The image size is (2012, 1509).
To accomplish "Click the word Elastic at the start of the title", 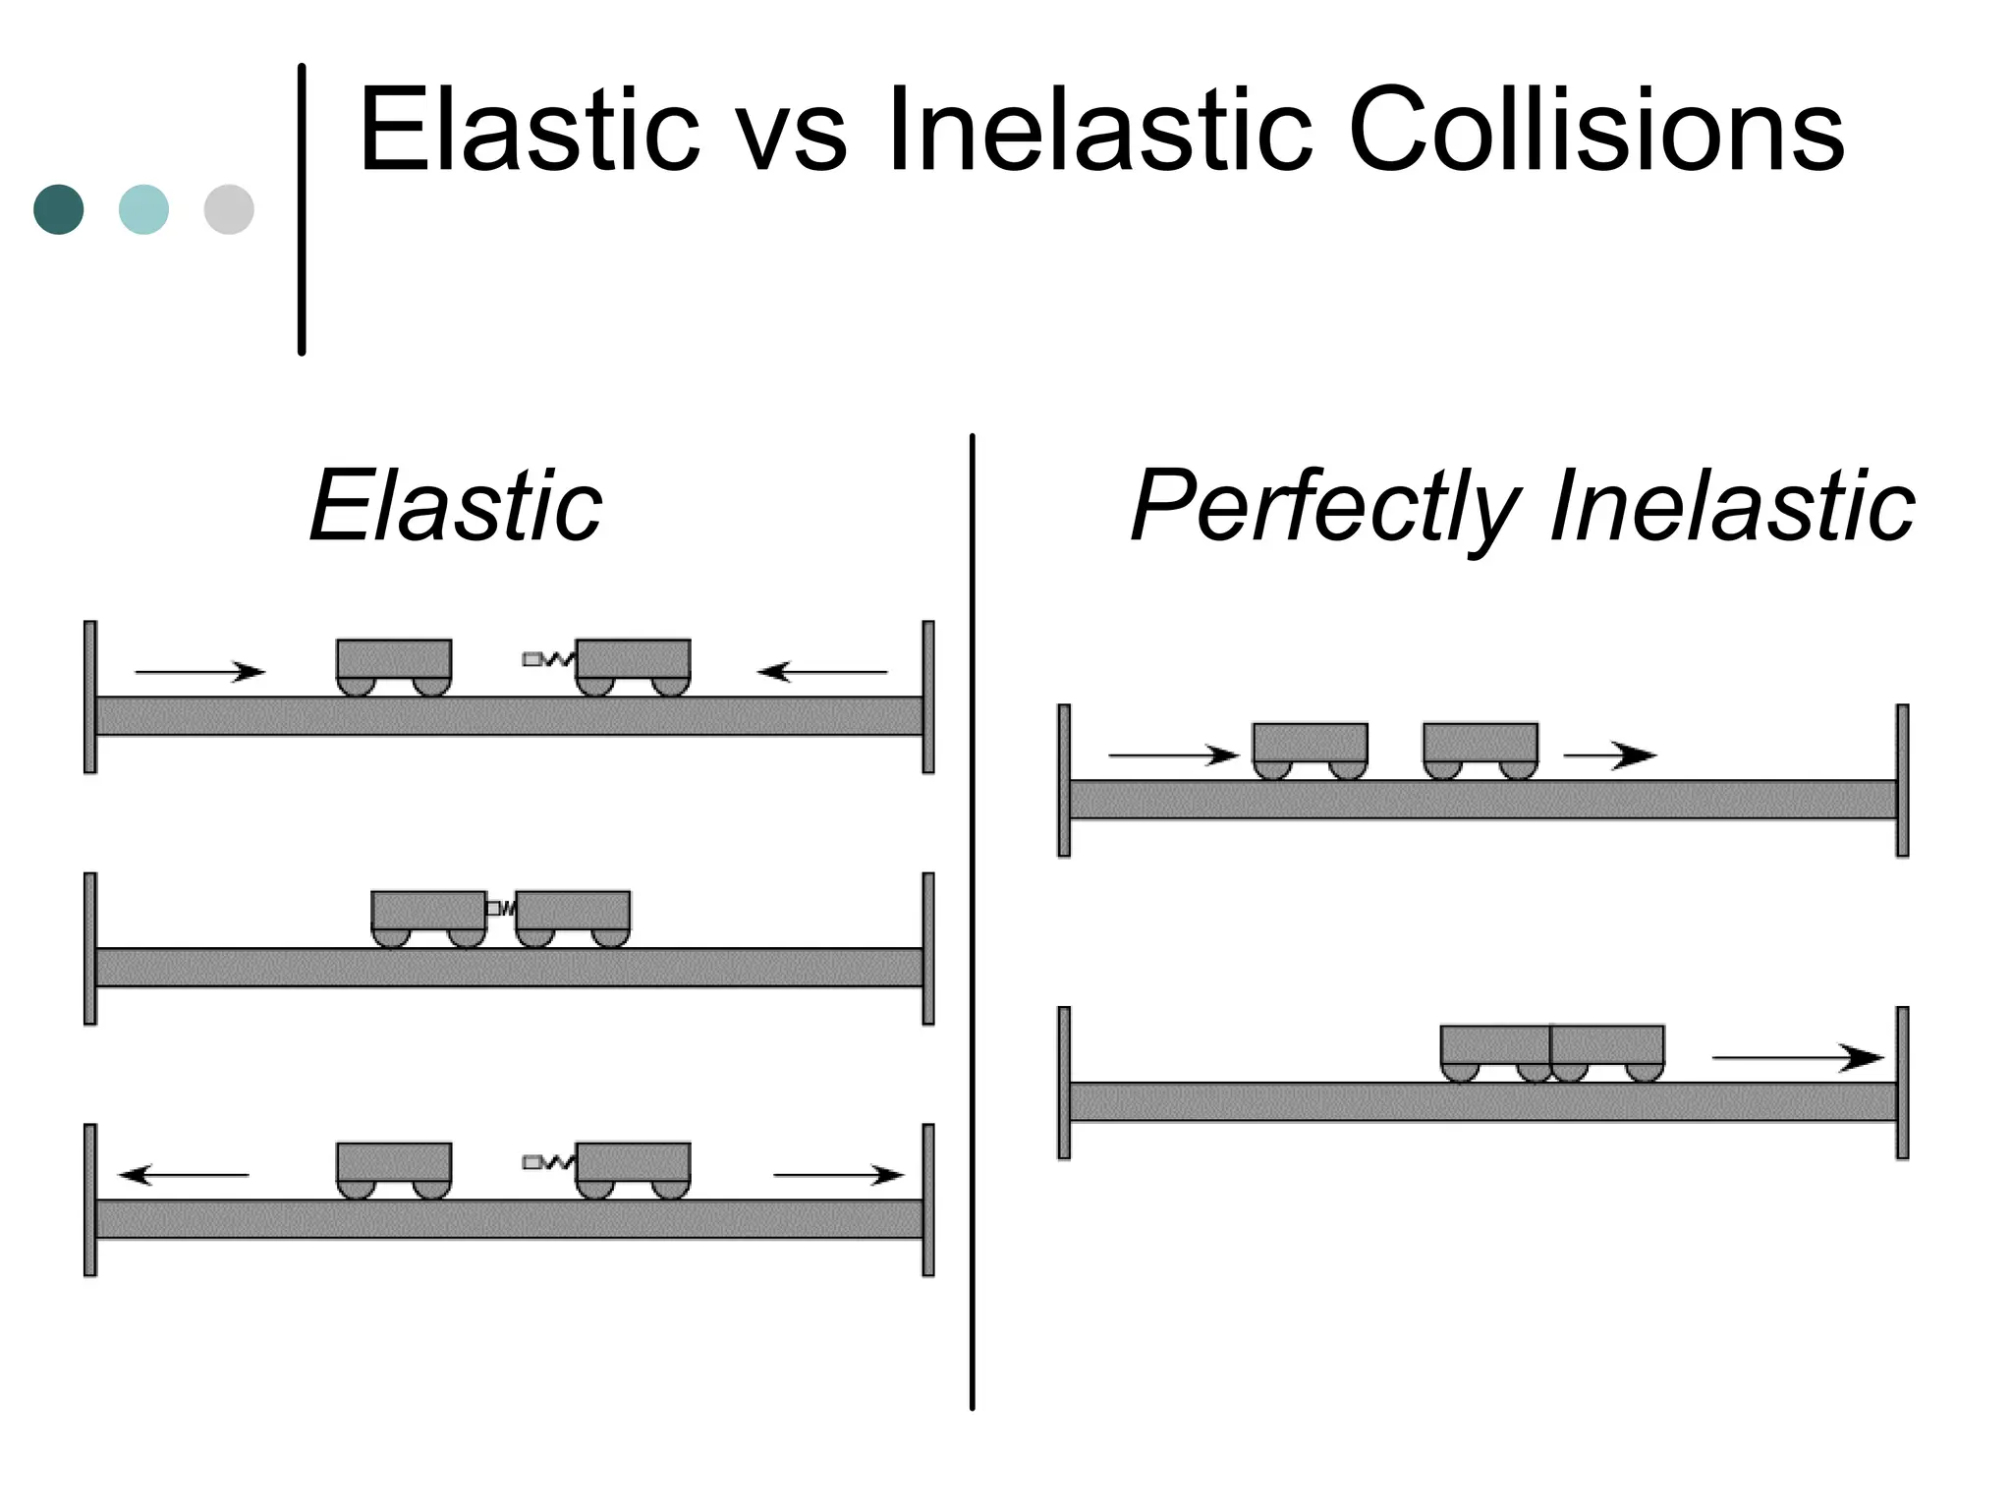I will (529, 131).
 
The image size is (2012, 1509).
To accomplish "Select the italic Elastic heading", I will (456, 506).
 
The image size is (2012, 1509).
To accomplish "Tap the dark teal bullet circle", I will (59, 209).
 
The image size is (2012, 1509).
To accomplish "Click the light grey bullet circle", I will (229, 209).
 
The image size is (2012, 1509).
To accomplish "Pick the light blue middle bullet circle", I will (143, 209).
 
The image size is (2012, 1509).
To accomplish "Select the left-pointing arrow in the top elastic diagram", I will (821, 672).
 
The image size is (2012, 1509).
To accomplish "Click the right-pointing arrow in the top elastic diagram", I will (200, 672).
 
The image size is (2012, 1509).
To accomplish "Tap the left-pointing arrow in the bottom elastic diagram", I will (184, 1175).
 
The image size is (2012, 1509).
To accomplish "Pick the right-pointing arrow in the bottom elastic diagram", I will (838, 1175).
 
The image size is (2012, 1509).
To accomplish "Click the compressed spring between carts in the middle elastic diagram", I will (501, 909).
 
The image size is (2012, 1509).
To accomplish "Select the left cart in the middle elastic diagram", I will (428, 913).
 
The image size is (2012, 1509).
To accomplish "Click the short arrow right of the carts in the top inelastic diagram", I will (1609, 755).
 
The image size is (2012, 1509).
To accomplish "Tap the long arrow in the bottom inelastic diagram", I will (1797, 1058).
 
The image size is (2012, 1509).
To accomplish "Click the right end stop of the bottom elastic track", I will (927, 1200).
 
